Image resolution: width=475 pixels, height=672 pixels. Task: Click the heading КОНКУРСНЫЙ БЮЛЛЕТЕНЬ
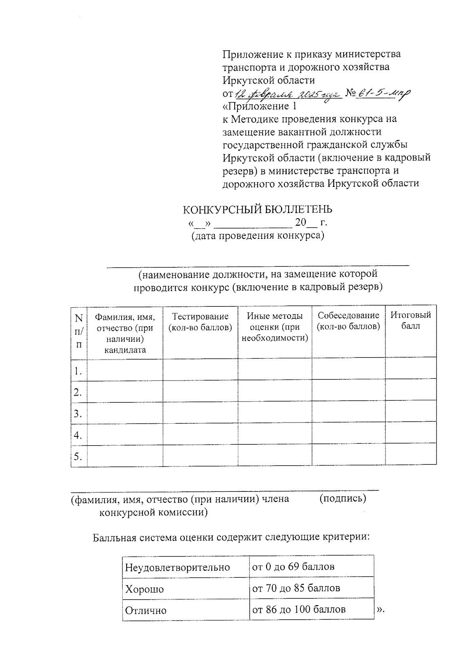(257, 209)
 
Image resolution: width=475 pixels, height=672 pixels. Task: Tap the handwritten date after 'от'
(288, 94)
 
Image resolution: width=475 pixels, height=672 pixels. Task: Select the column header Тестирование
(200, 322)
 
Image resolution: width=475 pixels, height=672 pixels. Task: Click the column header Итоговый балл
(410, 320)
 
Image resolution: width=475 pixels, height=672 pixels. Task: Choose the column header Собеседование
(348, 321)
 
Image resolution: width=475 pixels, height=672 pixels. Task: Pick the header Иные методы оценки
(275, 327)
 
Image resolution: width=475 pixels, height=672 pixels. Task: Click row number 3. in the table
(78, 414)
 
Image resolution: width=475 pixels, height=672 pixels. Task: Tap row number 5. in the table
(78, 457)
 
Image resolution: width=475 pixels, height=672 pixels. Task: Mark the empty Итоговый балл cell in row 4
(410, 434)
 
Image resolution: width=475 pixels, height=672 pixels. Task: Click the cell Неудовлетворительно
(177, 567)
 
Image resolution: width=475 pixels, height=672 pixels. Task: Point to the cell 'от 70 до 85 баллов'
(296, 588)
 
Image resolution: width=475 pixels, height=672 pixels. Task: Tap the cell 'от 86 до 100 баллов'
(299, 609)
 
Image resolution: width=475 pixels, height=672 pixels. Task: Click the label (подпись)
(342, 499)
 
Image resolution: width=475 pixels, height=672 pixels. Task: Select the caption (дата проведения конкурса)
(258, 236)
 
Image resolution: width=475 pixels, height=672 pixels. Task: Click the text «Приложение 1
(259, 107)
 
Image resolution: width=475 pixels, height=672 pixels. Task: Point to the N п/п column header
(79, 331)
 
